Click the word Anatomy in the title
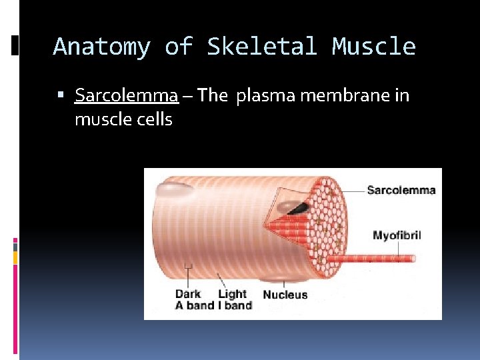pos(101,47)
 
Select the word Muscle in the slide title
pos(374,47)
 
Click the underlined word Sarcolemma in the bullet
pos(127,96)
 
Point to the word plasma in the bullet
pos(264,96)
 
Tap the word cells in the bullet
pos(155,120)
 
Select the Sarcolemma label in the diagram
pos(401,190)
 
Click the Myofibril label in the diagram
pos(397,235)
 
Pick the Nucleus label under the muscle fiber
pos(285,295)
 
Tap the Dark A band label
pos(188,300)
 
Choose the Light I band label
pos(233,300)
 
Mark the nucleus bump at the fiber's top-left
pos(175,189)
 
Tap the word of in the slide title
pos(178,47)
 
